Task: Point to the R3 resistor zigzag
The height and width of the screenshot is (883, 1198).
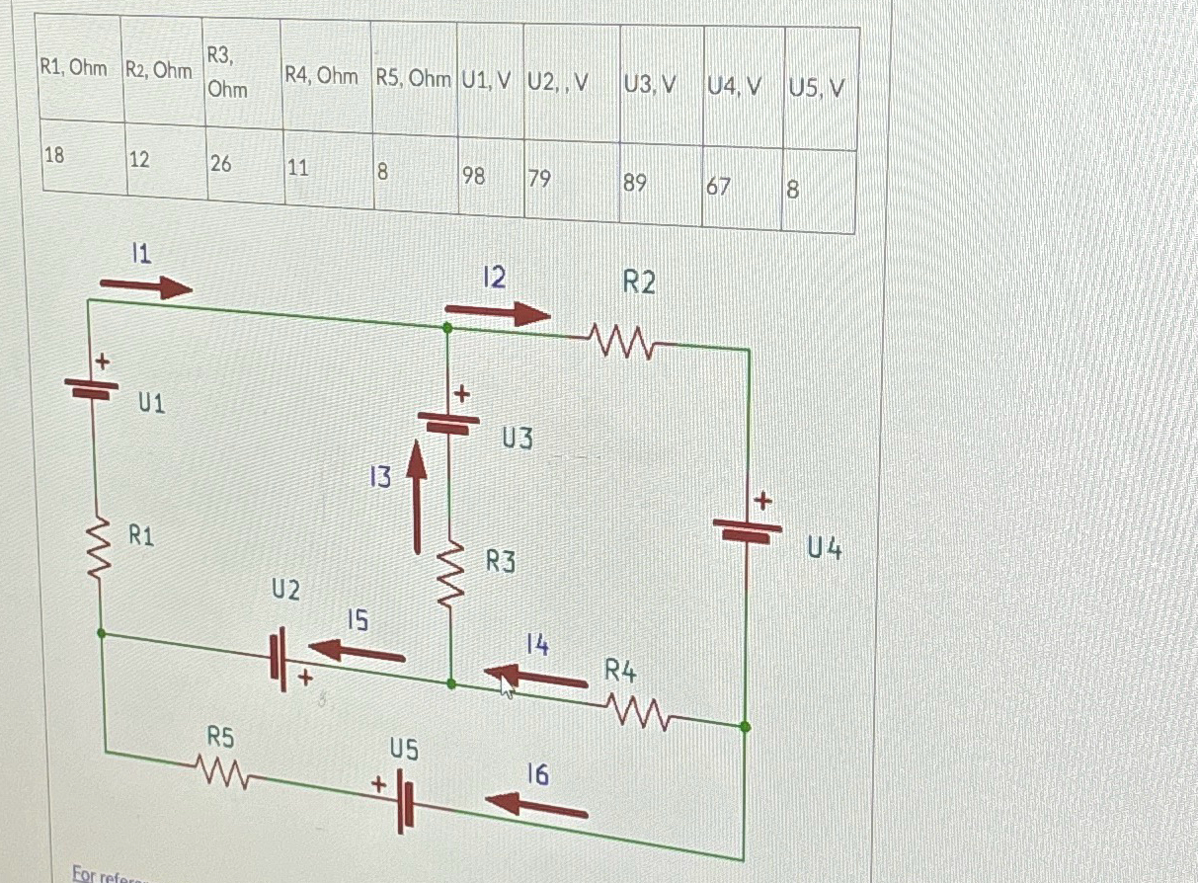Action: [450, 575]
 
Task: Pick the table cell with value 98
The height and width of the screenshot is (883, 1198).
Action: [489, 178]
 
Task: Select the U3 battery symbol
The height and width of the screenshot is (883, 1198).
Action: [448, 421]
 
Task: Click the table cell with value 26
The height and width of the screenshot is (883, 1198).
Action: [243, 165]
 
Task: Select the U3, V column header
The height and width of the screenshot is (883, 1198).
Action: [660, 85]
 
